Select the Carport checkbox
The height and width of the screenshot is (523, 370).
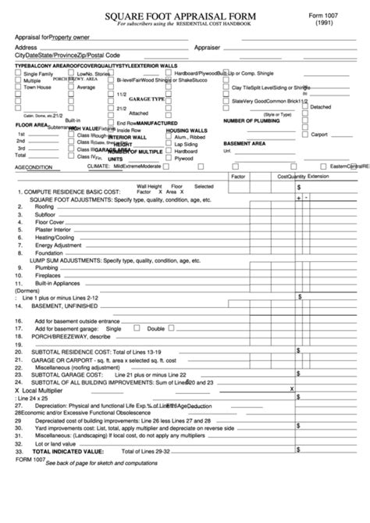tap(304, 134)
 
